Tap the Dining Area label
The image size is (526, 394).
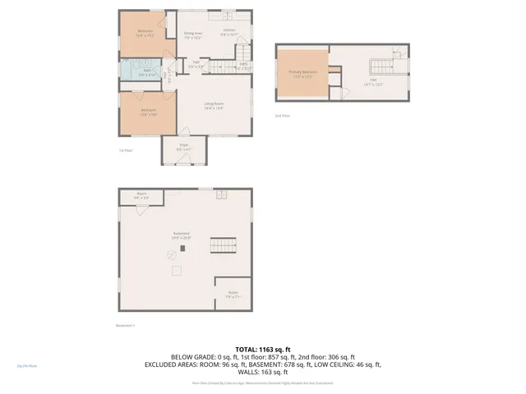coord(192,35)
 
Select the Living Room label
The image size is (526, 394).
coord(214,105)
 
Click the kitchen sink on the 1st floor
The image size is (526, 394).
coord(226,16)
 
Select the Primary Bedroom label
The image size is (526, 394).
coord(302,73)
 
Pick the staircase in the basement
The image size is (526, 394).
coord(223,245)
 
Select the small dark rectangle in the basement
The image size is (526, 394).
coord(183,247)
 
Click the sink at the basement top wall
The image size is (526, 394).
coord(221,194)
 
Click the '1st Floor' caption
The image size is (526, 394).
coord(126,150)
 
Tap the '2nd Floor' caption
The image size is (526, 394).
coord(282,116)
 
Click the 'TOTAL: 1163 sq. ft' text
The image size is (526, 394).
coord(263,350)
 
